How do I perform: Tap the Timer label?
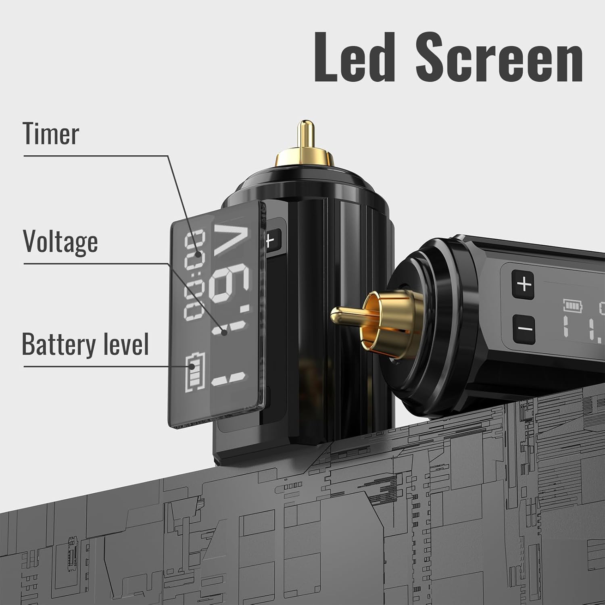pyautogui.click(x=51, y=134)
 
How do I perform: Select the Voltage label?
pyautogui.click(x=60, y=242)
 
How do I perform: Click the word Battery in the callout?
pyautogui.click(x=56, y=344)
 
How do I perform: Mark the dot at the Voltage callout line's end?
pyautogui.click(x=224, y=332)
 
